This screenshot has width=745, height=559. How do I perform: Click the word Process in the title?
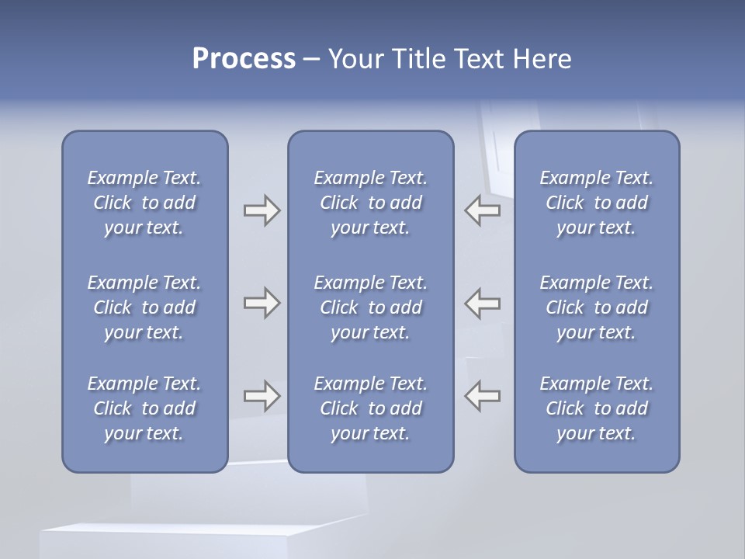click(244, 59)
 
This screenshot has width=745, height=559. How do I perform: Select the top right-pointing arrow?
click(262, 210)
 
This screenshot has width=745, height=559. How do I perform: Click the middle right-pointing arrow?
click(262, 303)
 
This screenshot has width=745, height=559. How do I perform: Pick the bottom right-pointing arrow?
click(262, 396)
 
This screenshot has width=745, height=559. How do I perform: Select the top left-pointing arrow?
click(483, 210)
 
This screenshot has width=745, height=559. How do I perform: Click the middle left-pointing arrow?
click(483, 303)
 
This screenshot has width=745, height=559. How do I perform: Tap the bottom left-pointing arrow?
click(483, 396)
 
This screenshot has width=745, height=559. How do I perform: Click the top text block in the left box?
click(144, 203)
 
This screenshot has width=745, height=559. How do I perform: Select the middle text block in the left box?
click(144, 307)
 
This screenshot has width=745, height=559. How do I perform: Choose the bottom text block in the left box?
click(144, 408)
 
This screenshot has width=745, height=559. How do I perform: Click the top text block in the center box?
click(371, 203)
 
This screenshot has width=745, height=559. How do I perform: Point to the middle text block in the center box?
click(371, 307)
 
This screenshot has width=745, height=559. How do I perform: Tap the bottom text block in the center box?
click(371, 408)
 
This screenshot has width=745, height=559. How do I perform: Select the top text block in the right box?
click(597, 203)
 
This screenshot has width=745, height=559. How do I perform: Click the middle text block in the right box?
click(597, 307)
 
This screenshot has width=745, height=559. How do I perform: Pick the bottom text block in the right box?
click(597, 408)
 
